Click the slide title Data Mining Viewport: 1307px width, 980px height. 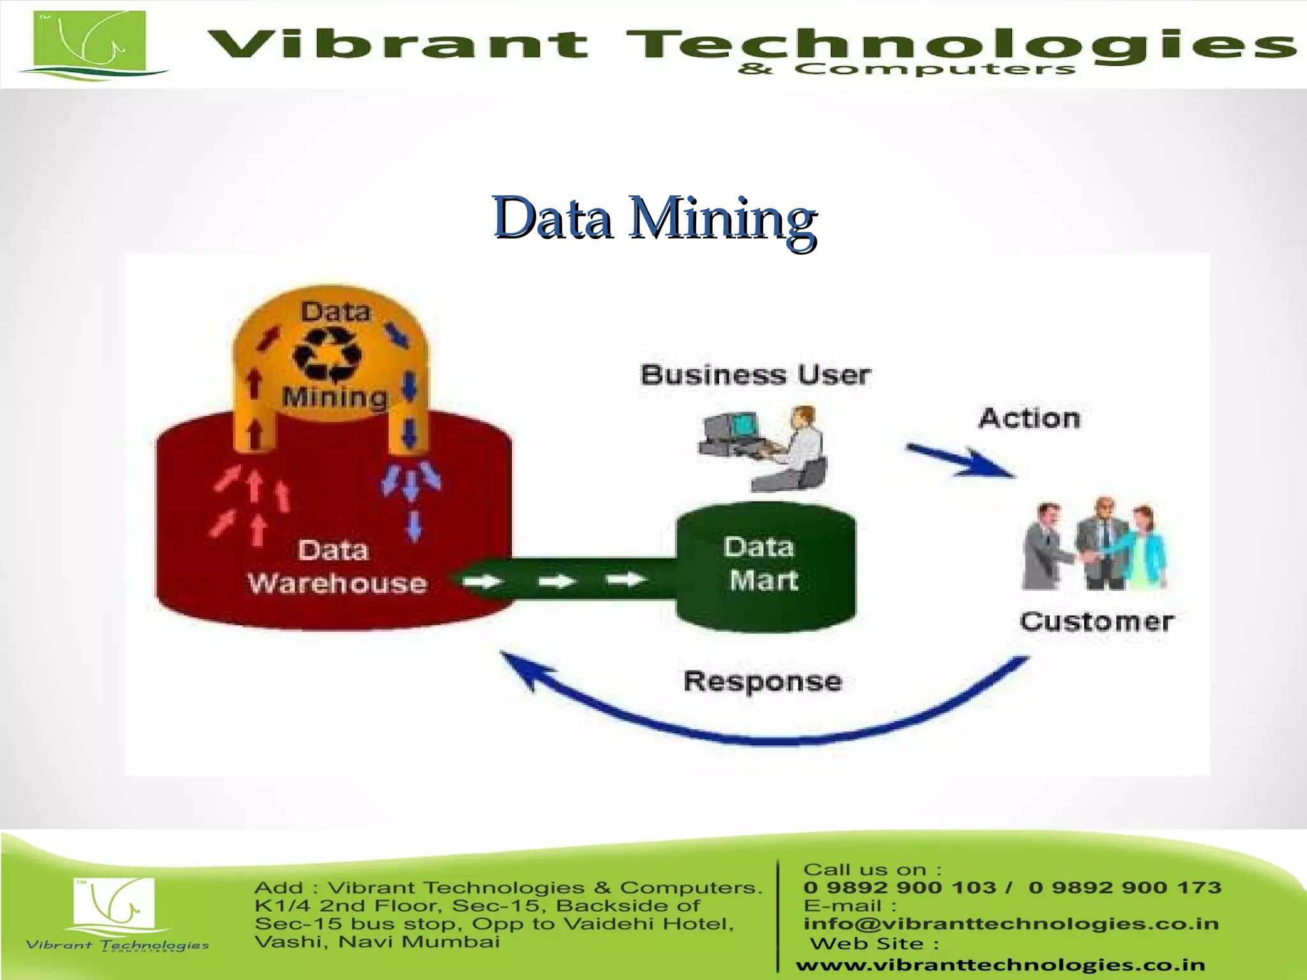click(x=654, y=218)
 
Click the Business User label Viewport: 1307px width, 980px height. click(x=756, y=375)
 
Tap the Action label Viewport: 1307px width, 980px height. click(x=1029, y=419)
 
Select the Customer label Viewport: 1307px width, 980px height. click(x=1096, y=621)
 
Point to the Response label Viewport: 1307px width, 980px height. click(x=763, y=681)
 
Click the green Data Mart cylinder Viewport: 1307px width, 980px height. click(x=765, y=565)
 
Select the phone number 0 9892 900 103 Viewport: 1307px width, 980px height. click(x=900, y=887)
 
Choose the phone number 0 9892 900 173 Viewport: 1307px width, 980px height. click(x=1124, y=887)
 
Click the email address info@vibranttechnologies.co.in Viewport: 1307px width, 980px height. click(x=1011, y=924)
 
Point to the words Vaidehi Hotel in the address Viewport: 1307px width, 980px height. click(x=648, y=923)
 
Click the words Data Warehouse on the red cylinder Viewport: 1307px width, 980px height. click(x=336, y=567)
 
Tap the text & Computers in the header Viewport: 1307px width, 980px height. click(x=906, y=69)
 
